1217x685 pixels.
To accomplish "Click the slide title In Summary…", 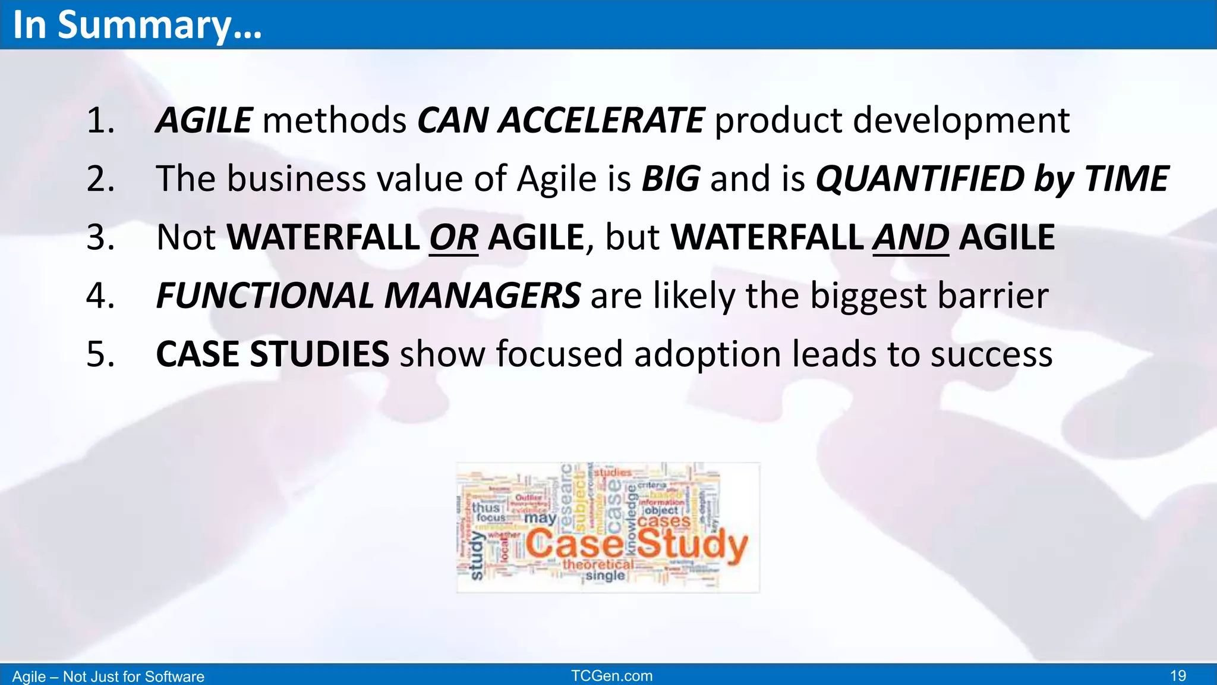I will click(x=137, y=25).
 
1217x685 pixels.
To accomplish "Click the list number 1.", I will click(x=100, y=121).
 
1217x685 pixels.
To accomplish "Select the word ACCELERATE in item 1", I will click(x=601, y=121).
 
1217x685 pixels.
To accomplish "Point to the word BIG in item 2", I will click(x=670, y=179).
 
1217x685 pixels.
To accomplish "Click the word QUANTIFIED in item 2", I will click(x=920, y=179).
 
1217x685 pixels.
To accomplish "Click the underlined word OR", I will click(x=453, y=238).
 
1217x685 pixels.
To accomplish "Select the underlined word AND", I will click(x=910, y=238).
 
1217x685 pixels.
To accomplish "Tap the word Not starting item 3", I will click(x=186, y=238).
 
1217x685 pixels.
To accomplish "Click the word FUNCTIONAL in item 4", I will click(x=264, y=296).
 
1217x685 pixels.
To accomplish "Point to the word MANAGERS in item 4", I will click(x=482, y=296).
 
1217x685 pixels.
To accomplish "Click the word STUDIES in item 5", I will click(x=319, y=354).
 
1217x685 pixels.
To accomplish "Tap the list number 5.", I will click(x=100, y=354).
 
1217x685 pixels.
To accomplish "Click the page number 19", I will click(x=1178, y=676).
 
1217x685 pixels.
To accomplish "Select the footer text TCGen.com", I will click(x=611, y=676).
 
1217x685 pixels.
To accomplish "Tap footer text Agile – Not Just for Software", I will click(x=108, y=677).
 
